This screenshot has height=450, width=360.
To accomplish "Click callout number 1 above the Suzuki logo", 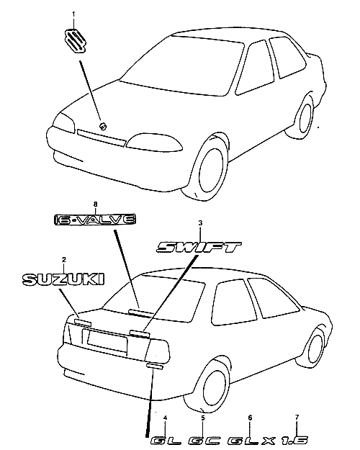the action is pos(73,14).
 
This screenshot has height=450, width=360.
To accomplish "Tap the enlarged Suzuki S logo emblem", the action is pos(75,41).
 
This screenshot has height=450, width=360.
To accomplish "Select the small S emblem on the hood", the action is pos(102,126).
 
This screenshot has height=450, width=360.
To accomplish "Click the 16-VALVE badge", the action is pos(95,220).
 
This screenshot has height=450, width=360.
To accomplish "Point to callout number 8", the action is pos(96,204).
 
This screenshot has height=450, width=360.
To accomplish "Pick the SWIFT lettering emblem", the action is pos(199,247).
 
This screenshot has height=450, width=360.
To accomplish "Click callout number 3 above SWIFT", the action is pos(200,222).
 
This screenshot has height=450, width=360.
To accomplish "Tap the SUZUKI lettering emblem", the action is pos(63,279).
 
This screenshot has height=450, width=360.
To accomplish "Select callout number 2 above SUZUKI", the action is pos(64,260).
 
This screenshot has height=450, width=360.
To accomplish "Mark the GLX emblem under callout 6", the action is pos(252,441).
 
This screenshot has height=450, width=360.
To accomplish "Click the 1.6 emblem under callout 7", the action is pos(294,441).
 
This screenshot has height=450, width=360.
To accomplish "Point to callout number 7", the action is pos(297,417).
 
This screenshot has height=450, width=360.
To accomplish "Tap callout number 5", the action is pos(203,418).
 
